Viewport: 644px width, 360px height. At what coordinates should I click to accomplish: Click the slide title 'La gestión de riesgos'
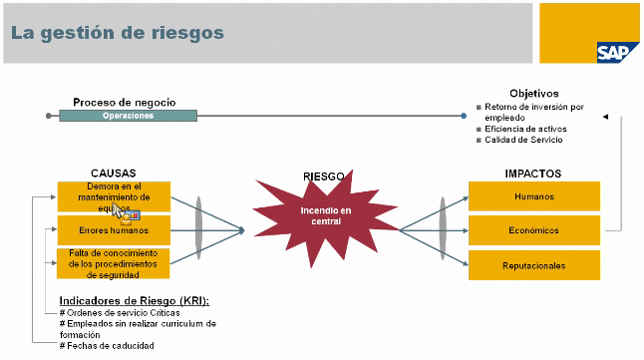118,33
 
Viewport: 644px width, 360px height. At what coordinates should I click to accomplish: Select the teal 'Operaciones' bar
128,116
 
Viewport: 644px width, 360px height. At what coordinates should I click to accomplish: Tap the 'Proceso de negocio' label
124,102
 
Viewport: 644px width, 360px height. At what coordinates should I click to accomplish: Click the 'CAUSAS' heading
113,173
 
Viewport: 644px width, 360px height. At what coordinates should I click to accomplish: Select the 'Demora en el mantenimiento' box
113,196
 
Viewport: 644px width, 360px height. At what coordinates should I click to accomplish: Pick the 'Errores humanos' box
113,230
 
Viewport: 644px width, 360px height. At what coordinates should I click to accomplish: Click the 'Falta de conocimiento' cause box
113,264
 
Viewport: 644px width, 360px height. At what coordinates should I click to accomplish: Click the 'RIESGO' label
323,177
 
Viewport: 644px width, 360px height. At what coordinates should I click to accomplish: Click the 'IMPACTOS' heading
533,173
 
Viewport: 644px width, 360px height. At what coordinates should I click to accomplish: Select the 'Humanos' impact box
533,196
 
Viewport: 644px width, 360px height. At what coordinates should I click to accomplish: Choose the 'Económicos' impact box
533,230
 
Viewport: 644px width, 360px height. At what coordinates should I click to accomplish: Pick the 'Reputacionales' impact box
533,265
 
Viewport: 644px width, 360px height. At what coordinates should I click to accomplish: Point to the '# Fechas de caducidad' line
107,345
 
